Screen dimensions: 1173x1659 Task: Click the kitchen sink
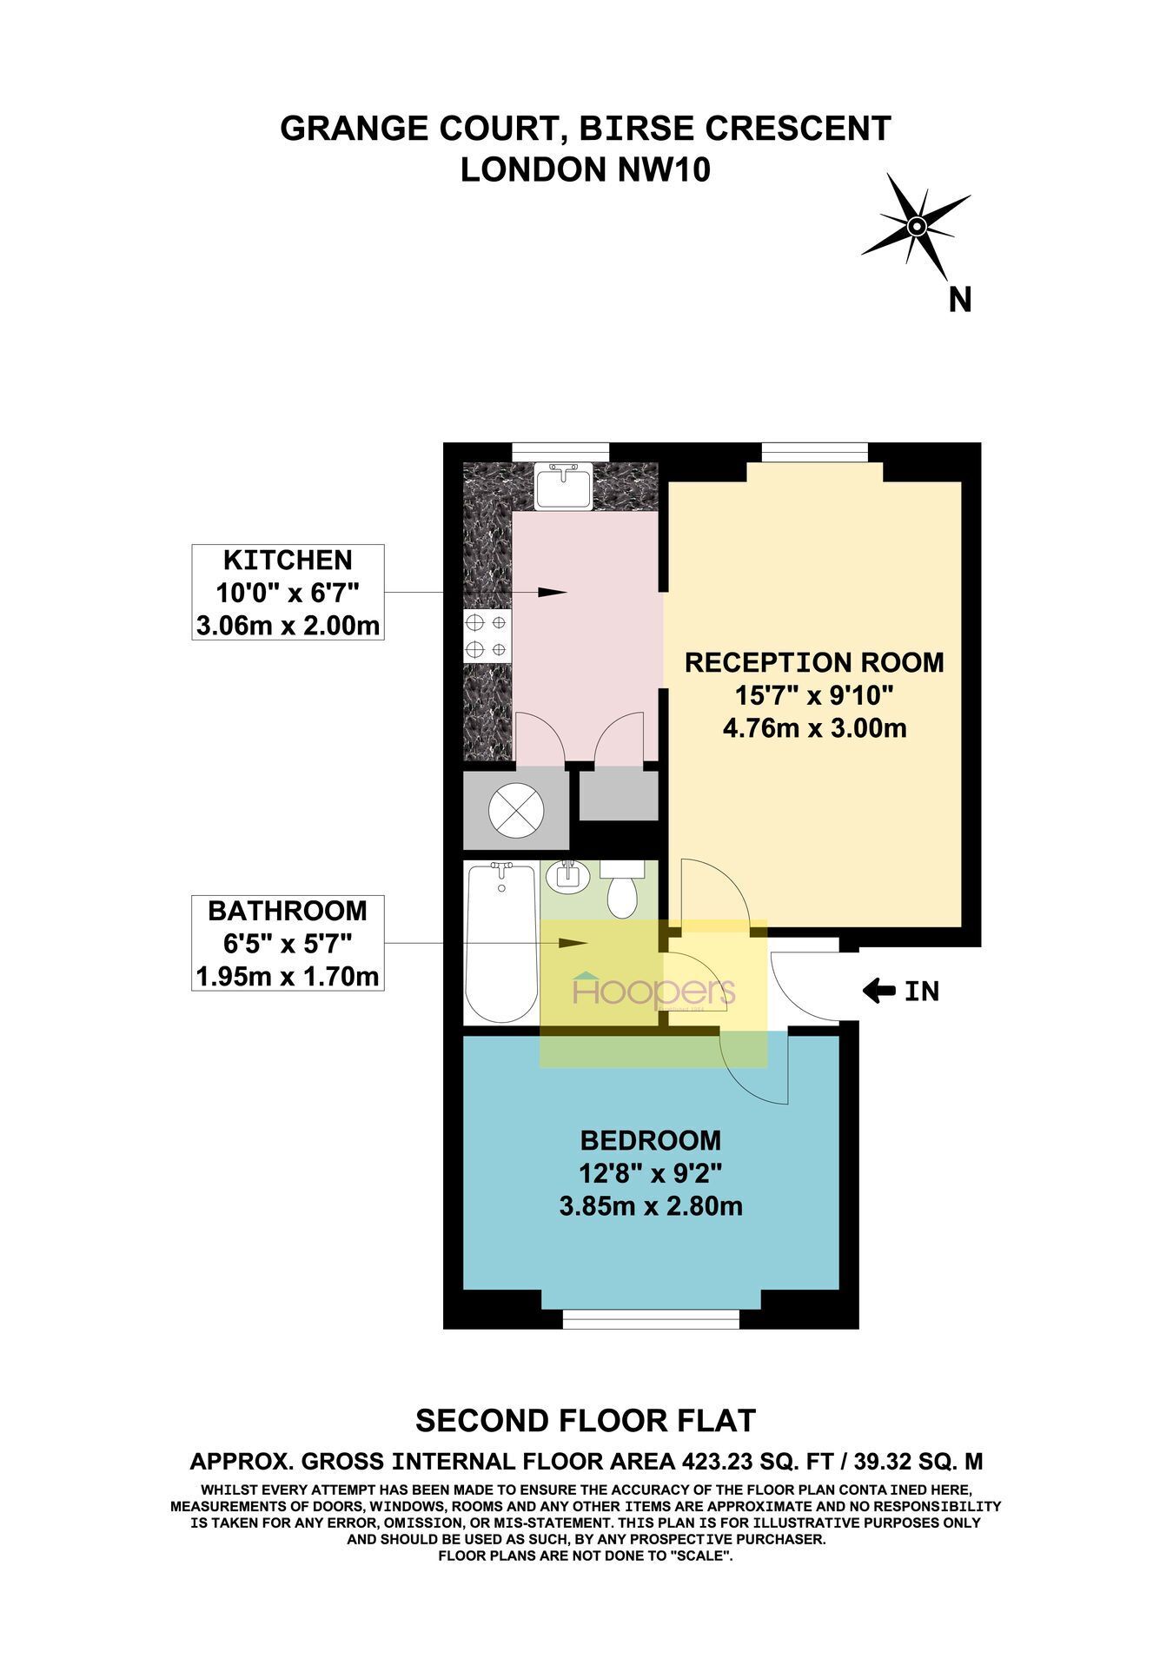click(564, 488)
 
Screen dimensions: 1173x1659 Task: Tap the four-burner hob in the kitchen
click(487, 636)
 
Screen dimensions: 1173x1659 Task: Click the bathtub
click(500, 942)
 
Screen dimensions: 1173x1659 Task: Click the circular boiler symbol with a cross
click(516, 809)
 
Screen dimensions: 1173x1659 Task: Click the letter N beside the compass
click(959, 300)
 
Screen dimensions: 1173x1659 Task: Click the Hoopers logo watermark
click(653, 992)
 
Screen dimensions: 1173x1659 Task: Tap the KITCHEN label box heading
click(288, 560)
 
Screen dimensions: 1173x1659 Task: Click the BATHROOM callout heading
click(288, 911)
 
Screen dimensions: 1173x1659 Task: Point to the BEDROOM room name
click(651, 1139)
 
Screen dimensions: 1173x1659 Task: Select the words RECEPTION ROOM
click(814, 662)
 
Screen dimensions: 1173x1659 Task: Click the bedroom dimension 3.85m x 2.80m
click(651, 1206)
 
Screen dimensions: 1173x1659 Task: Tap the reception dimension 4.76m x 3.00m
click(814, 727)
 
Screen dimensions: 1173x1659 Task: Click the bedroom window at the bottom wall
click(651, 1319)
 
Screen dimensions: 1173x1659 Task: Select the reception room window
click(815, 452)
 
